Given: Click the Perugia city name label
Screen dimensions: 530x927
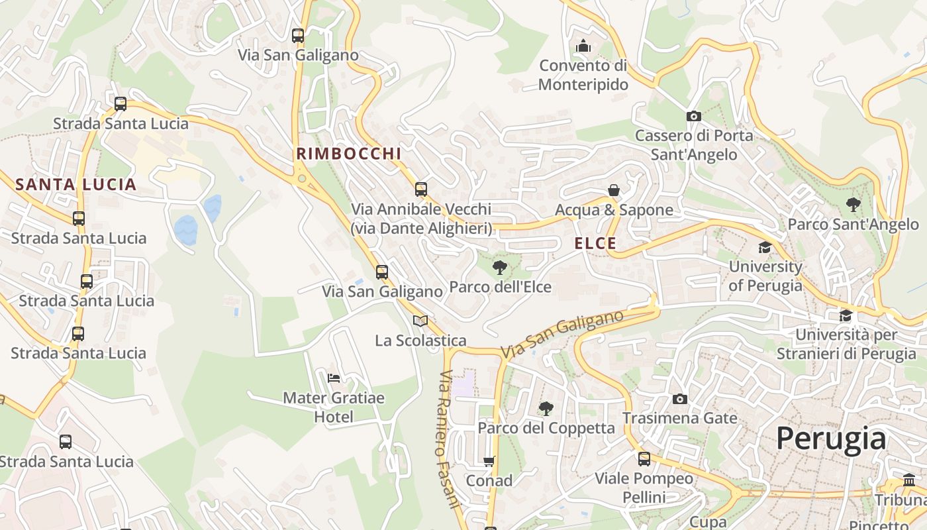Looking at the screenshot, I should click(830, 439).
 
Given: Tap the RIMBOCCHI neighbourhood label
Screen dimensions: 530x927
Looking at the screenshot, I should click(349, 154).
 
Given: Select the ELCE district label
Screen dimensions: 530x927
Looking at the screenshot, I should click(595, 244).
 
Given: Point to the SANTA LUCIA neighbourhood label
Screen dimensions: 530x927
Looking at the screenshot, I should click(75, 185).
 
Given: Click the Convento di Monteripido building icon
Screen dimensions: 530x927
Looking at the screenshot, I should click(583, 46).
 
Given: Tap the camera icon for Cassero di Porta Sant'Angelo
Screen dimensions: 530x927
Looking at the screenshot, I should click(693, 116).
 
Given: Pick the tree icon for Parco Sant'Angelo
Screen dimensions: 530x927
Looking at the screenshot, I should click(853, 205).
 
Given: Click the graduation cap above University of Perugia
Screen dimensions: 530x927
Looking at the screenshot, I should click(765, 247).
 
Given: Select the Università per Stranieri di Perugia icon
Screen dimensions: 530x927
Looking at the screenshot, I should click(846, 315).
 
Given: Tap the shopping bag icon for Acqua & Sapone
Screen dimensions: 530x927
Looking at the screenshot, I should click(614, 190).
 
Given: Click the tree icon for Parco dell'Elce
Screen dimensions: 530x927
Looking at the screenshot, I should click(500, 268).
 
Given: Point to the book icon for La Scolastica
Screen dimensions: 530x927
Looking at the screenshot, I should click(420, 321).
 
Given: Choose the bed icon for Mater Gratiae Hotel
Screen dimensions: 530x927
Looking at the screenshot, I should click(334, 378).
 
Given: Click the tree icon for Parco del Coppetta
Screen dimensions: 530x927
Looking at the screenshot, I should click(546, 408).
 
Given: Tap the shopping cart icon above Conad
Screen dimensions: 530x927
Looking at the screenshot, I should click(489, 461).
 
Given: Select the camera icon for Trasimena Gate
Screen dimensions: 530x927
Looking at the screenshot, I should click(679, 399).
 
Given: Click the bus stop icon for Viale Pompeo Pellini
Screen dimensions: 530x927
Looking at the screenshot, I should click(644, 458).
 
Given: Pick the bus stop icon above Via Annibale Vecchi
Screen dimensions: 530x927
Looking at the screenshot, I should click(421, 189).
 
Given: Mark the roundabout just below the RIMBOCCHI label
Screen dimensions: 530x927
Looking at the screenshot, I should click(302, 178).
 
